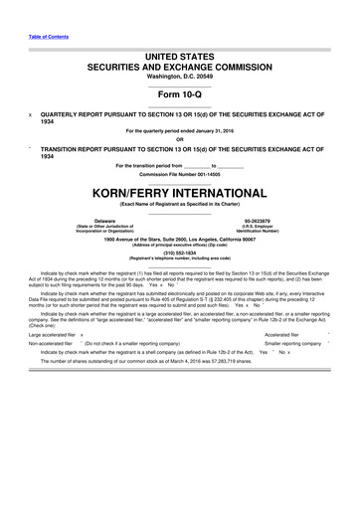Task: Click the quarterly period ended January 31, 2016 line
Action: [179, 131]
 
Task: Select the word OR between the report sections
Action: [179, 139]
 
